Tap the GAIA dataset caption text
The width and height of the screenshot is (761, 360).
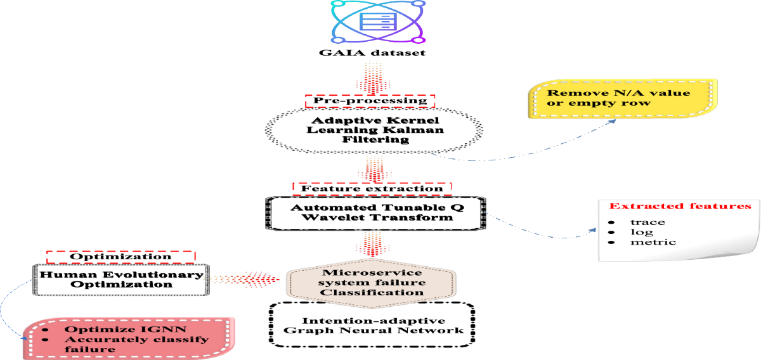click(x=371, y=53)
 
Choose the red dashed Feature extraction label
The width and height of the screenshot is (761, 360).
click(x=372, y=188)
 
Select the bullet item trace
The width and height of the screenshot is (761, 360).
click(x=647, y=222)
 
